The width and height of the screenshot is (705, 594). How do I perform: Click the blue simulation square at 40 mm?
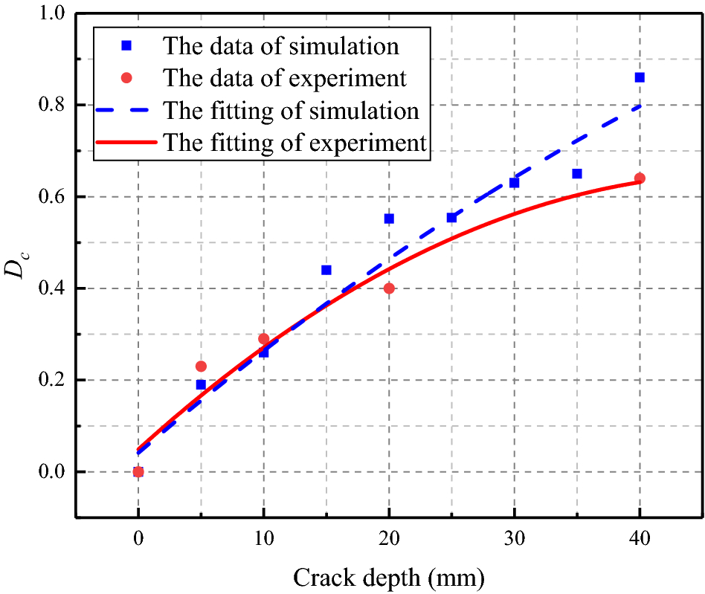pyautogui.click(x=640, y=77)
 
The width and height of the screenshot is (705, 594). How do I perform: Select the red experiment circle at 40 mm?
pyautogui.click(x=640, y=178)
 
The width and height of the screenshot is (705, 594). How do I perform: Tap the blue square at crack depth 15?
pyautogui.click(x=326, y=270)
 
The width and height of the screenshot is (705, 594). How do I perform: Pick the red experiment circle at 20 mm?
pyautogui.click(x=389, y=288)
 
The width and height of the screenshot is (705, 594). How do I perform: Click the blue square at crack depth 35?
pyautogui.click(x=577, y=173)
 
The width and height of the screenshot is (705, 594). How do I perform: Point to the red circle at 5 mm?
pyautogui.click(x=201, y=366)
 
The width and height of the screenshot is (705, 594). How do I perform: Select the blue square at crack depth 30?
pyautogui.click(x=514, y=182)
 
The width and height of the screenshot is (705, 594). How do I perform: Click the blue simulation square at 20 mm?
pyautogui.click(x=389, y=219)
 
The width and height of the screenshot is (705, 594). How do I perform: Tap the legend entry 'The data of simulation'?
pyautogui.click(x=280, y=46)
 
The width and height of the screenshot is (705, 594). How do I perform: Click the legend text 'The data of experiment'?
pyautogui.click(x=284, y=78)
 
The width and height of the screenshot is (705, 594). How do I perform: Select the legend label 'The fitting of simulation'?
pyautogui.click(x=291, y=110)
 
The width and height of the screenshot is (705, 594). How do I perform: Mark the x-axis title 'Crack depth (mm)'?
pyautogui.click(x=389, y=577)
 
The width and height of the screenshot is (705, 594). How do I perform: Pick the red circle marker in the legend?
pyautogui.click(x=127, y=78)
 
